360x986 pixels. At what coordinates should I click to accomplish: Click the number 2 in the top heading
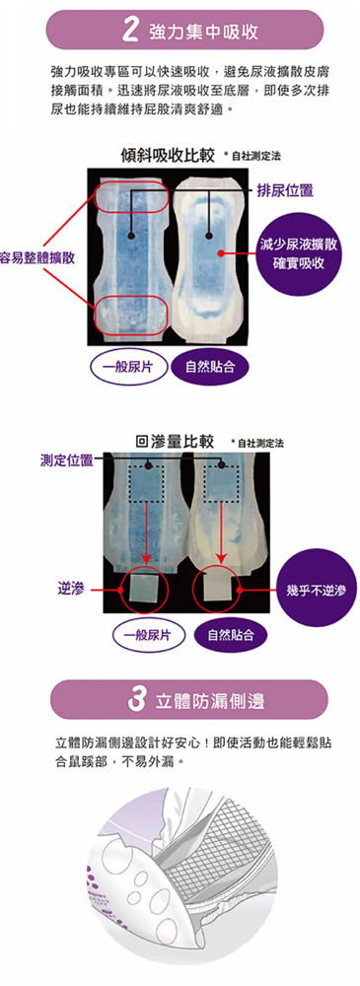(x=131, y=31)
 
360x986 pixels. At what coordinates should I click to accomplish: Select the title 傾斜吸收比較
(x=167, y=156)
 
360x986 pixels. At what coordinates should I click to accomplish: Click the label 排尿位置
(x=284, y=190)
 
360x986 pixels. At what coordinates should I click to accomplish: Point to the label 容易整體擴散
(x=37, y=258)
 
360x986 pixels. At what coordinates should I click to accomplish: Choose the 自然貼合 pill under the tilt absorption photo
(x=209, y=366)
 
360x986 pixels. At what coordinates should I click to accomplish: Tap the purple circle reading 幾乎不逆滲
(x=320, y=590)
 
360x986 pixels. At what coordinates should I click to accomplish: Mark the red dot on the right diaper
(x=221, y=253)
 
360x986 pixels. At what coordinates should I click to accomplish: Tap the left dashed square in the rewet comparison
(x=147, y=483)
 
